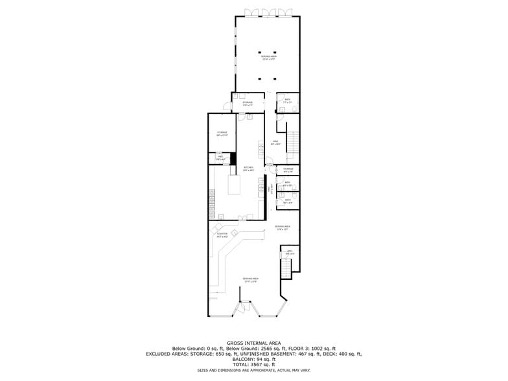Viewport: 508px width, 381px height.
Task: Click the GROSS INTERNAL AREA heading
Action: point(253,343)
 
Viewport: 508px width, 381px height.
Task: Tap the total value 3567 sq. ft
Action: point(253,364)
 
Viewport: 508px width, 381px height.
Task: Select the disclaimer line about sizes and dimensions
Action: point(253,370)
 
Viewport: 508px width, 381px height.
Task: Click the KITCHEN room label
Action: point(248,168)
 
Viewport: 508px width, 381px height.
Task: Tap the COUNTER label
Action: point(222,234)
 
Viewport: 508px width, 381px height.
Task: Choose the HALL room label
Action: point(275,142)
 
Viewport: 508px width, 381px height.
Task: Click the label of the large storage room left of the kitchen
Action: point(222,133)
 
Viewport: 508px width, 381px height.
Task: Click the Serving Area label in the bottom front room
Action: point(250,279)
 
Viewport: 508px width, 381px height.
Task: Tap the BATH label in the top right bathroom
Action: point(288,100)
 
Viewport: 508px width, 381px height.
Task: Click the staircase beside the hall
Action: point(293,146)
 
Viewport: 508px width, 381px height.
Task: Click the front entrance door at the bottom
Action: point(244,308)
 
